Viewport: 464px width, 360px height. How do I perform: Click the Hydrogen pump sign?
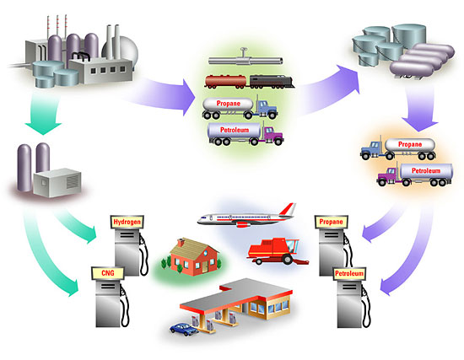127,222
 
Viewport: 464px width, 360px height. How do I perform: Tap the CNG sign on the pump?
108,272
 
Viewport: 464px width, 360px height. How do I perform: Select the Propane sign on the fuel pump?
332,222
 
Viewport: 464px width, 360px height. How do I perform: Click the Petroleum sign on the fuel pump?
349,274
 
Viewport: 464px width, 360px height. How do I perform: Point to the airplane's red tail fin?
288,209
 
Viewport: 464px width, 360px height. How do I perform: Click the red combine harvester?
278,251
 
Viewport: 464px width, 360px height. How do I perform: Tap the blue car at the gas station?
184,330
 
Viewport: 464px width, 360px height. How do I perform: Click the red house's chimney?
181,243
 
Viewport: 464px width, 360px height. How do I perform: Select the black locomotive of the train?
272,81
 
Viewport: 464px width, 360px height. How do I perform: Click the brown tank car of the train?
226,81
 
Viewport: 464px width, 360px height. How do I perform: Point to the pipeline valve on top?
244,51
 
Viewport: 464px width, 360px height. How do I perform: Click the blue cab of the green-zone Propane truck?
267,109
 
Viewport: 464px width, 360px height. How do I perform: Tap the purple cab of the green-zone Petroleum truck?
272,135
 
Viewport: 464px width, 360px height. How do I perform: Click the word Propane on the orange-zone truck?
410,144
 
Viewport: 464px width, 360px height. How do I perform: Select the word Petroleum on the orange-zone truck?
426,170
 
